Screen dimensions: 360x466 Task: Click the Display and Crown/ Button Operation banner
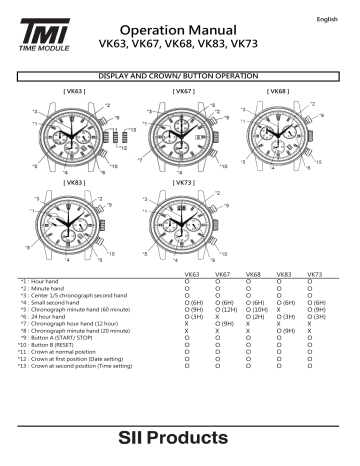tap(181, 76)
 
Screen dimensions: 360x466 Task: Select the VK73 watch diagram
tap(180, 223)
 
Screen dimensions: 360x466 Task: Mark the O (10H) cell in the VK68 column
tap(254, 308)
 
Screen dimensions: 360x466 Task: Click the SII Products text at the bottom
tap(181, 437)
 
